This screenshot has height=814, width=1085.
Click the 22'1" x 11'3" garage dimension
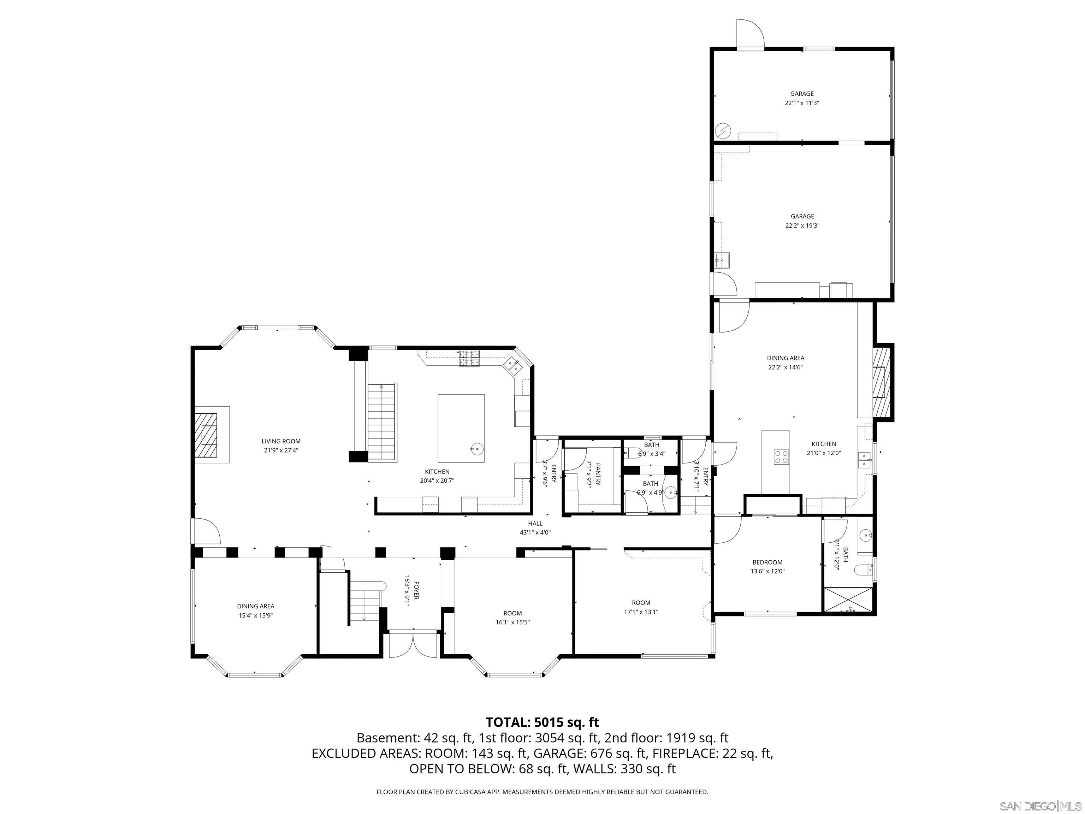click(x=802, y=103)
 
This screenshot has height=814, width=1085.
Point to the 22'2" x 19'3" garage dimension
click(x=802, y=226)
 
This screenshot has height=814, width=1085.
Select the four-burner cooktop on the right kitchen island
click(x=781, y=457)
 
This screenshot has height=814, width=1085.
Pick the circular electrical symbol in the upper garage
click(x=723, y=130)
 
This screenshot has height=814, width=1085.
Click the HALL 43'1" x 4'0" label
click(x=535, y=527)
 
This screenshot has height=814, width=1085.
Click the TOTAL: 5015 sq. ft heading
click(x=542, y=722)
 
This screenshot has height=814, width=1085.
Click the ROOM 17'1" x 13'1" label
click(x=641, y=607)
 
